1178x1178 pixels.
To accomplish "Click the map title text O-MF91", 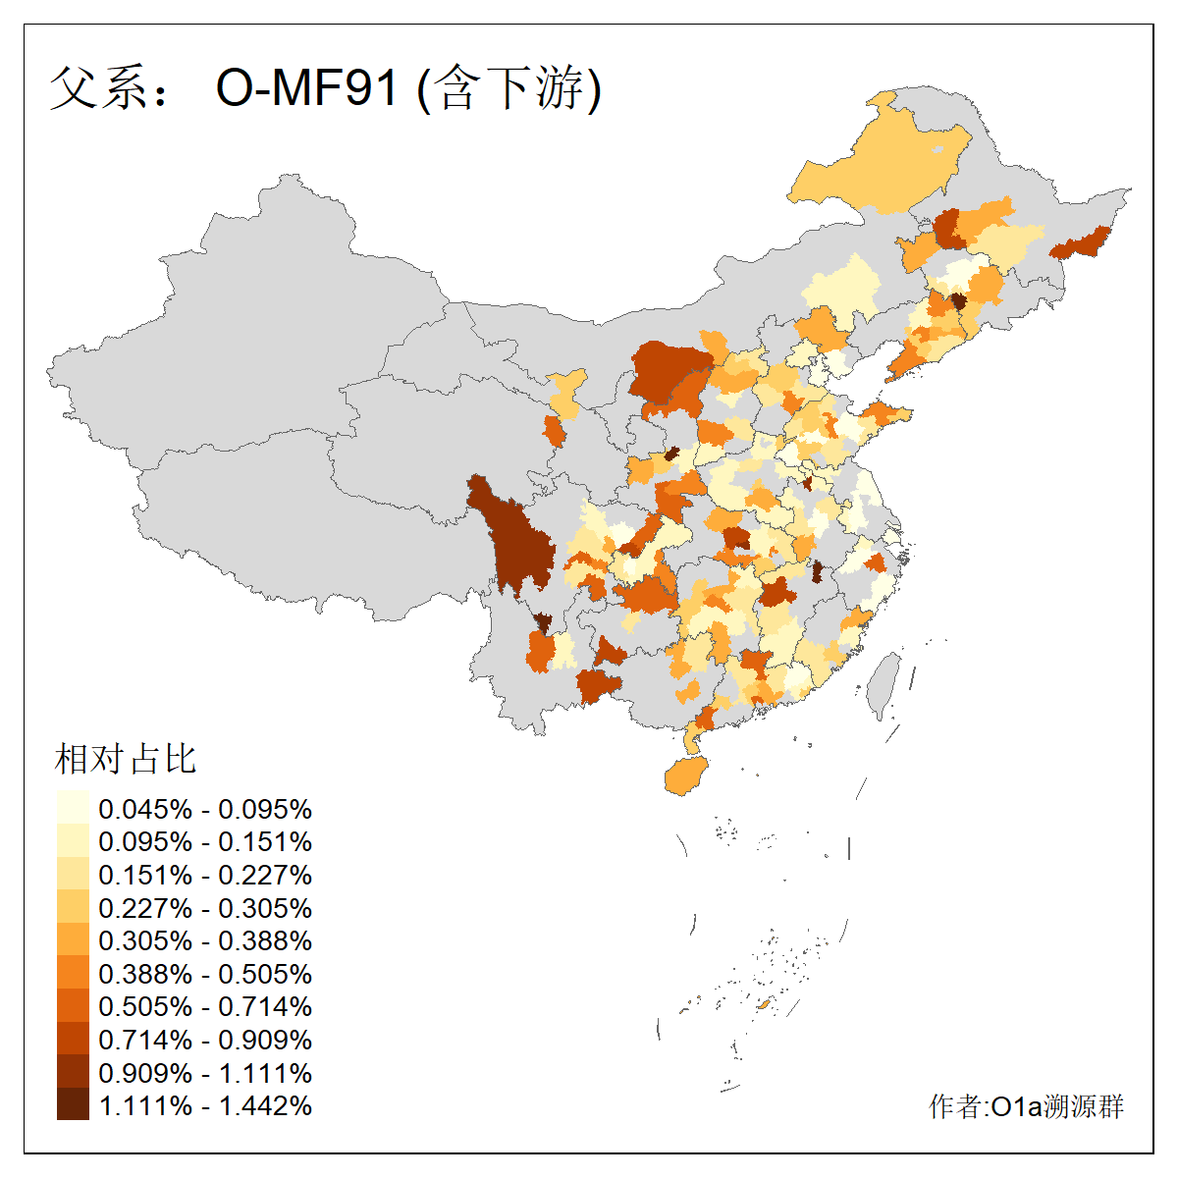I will (x=307, y=88).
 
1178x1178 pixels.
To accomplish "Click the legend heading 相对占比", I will (x=126, y=759).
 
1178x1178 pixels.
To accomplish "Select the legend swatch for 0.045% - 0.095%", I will (x=73, y=808).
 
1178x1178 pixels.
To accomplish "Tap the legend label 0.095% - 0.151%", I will (x=205, y=841).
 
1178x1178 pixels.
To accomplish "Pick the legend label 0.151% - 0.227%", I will (x=205, y=875).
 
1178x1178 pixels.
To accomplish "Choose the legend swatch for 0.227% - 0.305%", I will (x=73, y=907).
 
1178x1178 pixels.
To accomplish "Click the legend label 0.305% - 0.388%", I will (x=205, y=940).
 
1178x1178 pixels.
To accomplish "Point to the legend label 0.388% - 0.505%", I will (x=205, y=974).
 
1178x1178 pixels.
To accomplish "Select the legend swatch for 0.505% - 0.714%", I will (x=73, y=1006).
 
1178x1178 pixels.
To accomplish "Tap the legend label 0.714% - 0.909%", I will (x=205, y=1040).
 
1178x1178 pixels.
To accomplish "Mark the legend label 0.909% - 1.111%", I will (x=205, y=1073).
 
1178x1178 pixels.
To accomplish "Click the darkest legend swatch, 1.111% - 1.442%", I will (x=73, y=1105).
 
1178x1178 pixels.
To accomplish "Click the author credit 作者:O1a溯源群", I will (x=1026, y=1106).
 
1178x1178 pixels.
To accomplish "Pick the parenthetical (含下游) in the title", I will (x=509, y=88).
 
